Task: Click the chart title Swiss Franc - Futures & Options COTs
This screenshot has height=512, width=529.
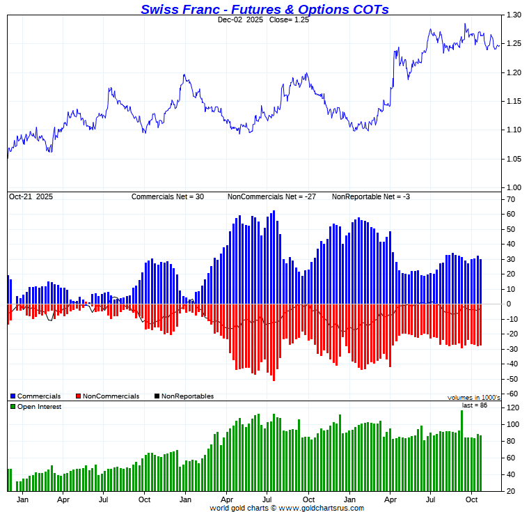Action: tap(264, 9)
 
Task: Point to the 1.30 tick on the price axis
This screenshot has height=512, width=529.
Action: tap(514, 15)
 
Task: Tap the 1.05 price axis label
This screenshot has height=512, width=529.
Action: tap(514, 159)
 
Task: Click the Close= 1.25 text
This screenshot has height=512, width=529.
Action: tap(287, 20)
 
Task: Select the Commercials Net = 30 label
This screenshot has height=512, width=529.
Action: tap(168, 197)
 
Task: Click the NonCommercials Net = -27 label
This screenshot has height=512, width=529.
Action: tap(271, 197)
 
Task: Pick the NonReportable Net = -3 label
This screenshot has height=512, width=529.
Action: tap(370, 197)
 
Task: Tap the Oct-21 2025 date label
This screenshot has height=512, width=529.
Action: tap(31, 197)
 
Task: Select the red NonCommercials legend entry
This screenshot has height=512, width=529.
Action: tap(106, 396)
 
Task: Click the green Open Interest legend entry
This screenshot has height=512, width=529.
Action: tap(35, 407)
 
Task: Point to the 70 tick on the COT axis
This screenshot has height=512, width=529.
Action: tap(510, 200)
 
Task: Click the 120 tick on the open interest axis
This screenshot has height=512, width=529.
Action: tap(512, 408)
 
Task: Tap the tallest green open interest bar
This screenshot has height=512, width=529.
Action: tap(461, 449)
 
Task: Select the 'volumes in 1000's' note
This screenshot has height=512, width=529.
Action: tap(473, 398)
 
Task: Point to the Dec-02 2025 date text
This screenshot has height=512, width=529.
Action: tap(239, 20)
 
